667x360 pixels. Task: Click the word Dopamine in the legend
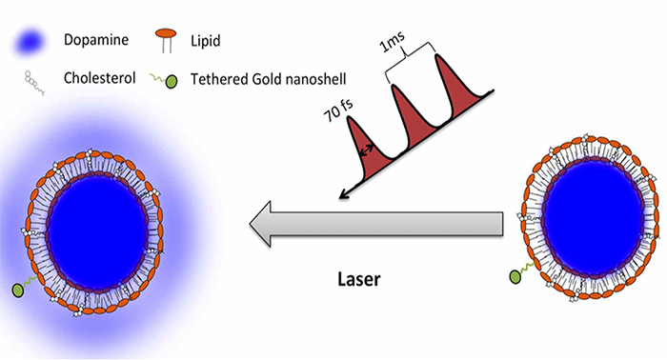tap(96, 40)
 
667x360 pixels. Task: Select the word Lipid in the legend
tap(206, 41)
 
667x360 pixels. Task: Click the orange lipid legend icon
tap(167, 40)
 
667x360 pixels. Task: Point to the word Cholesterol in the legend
tap(99, 78)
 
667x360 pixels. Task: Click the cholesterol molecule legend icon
tap(34, 83)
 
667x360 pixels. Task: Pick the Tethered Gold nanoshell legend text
tap(268, 79)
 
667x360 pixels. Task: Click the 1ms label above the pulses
tap(393, 42)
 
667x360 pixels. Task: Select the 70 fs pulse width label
tap(338, 110)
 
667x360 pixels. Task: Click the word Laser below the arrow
tap(359, 279)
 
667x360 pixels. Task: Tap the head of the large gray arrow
tap(260, 224)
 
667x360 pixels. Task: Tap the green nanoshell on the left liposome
tap(18, 290)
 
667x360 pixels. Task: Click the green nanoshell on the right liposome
tap(515, 277)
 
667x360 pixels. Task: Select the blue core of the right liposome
tap(594, 218)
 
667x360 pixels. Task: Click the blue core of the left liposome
tap(98, 232)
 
